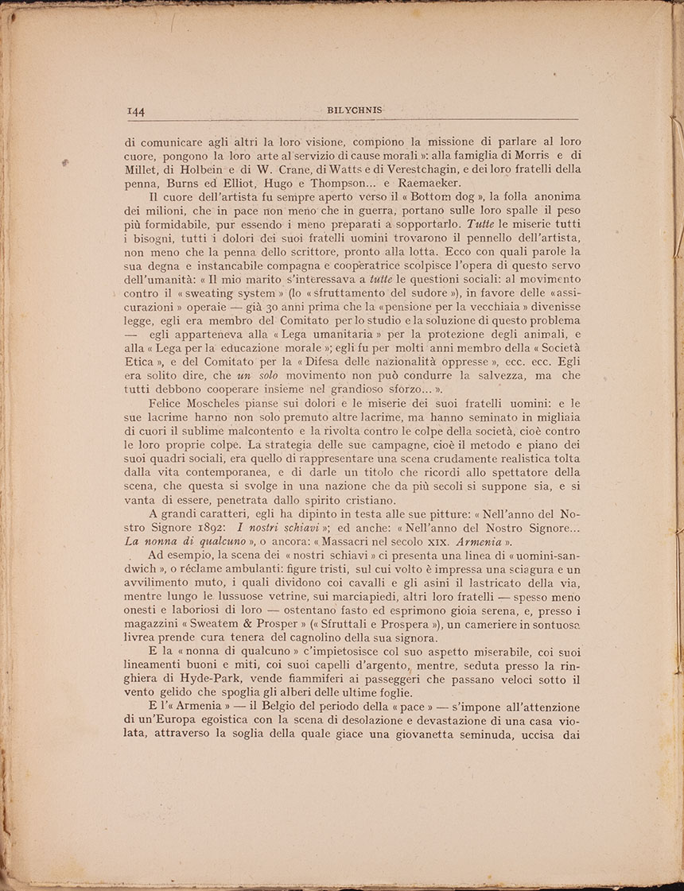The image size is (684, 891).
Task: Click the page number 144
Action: pyautogui.click(x=134, y=112)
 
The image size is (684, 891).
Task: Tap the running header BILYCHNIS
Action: pyautogui.click(x=355, y=110)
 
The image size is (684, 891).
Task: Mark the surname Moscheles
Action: pyautogui.click(x=235, y=405)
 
